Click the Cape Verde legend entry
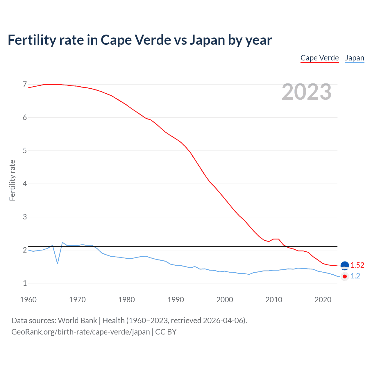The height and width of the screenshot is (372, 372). click(x=319, y=58)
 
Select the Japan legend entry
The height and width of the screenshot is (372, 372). click(x=355, y=58)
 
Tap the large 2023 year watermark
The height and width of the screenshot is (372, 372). click(x=306, y=92)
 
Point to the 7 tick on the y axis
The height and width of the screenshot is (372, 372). click(x=25, y=85)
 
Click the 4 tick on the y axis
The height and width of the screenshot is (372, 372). click(x=25, y=184)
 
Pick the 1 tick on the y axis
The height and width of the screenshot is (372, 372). click(x=25, y=283)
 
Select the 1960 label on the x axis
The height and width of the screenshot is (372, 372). click(x=28, y=300)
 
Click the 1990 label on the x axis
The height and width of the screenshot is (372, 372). click(x=176, y=300)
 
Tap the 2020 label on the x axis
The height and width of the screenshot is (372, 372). click(x=323, y=300)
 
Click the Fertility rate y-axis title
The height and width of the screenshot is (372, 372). click(x=12, y=180)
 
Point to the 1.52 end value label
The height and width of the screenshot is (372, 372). click(x=357, y=265)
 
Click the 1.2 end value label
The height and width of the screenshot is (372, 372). click(x=355, y=276)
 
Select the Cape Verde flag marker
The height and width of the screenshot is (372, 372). click(x=345, y=266)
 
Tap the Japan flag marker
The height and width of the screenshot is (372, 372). click(x=345, y=276)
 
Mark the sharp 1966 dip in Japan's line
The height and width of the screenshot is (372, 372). click(x=58, y=263)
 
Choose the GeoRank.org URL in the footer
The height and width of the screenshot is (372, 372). click(x=81, y=332)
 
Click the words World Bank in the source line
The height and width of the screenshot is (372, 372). click(x=77, y=321)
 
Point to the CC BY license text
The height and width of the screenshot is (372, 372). click(x=166, y=332)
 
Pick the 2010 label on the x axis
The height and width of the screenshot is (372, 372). click(x=274, y=300)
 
